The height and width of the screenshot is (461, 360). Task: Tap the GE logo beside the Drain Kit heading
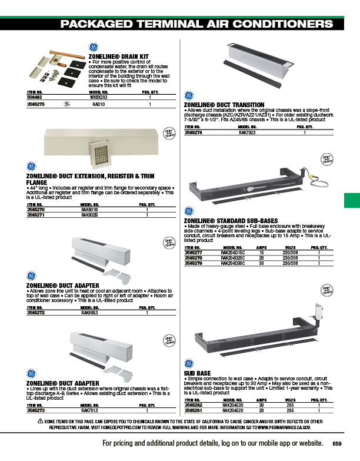[93, 48]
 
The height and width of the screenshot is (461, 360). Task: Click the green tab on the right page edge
[351, 201]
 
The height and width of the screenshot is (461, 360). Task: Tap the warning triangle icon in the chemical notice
[40, 421]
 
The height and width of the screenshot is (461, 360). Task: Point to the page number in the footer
[336, 443]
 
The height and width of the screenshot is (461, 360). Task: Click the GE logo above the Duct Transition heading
[189, 95]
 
